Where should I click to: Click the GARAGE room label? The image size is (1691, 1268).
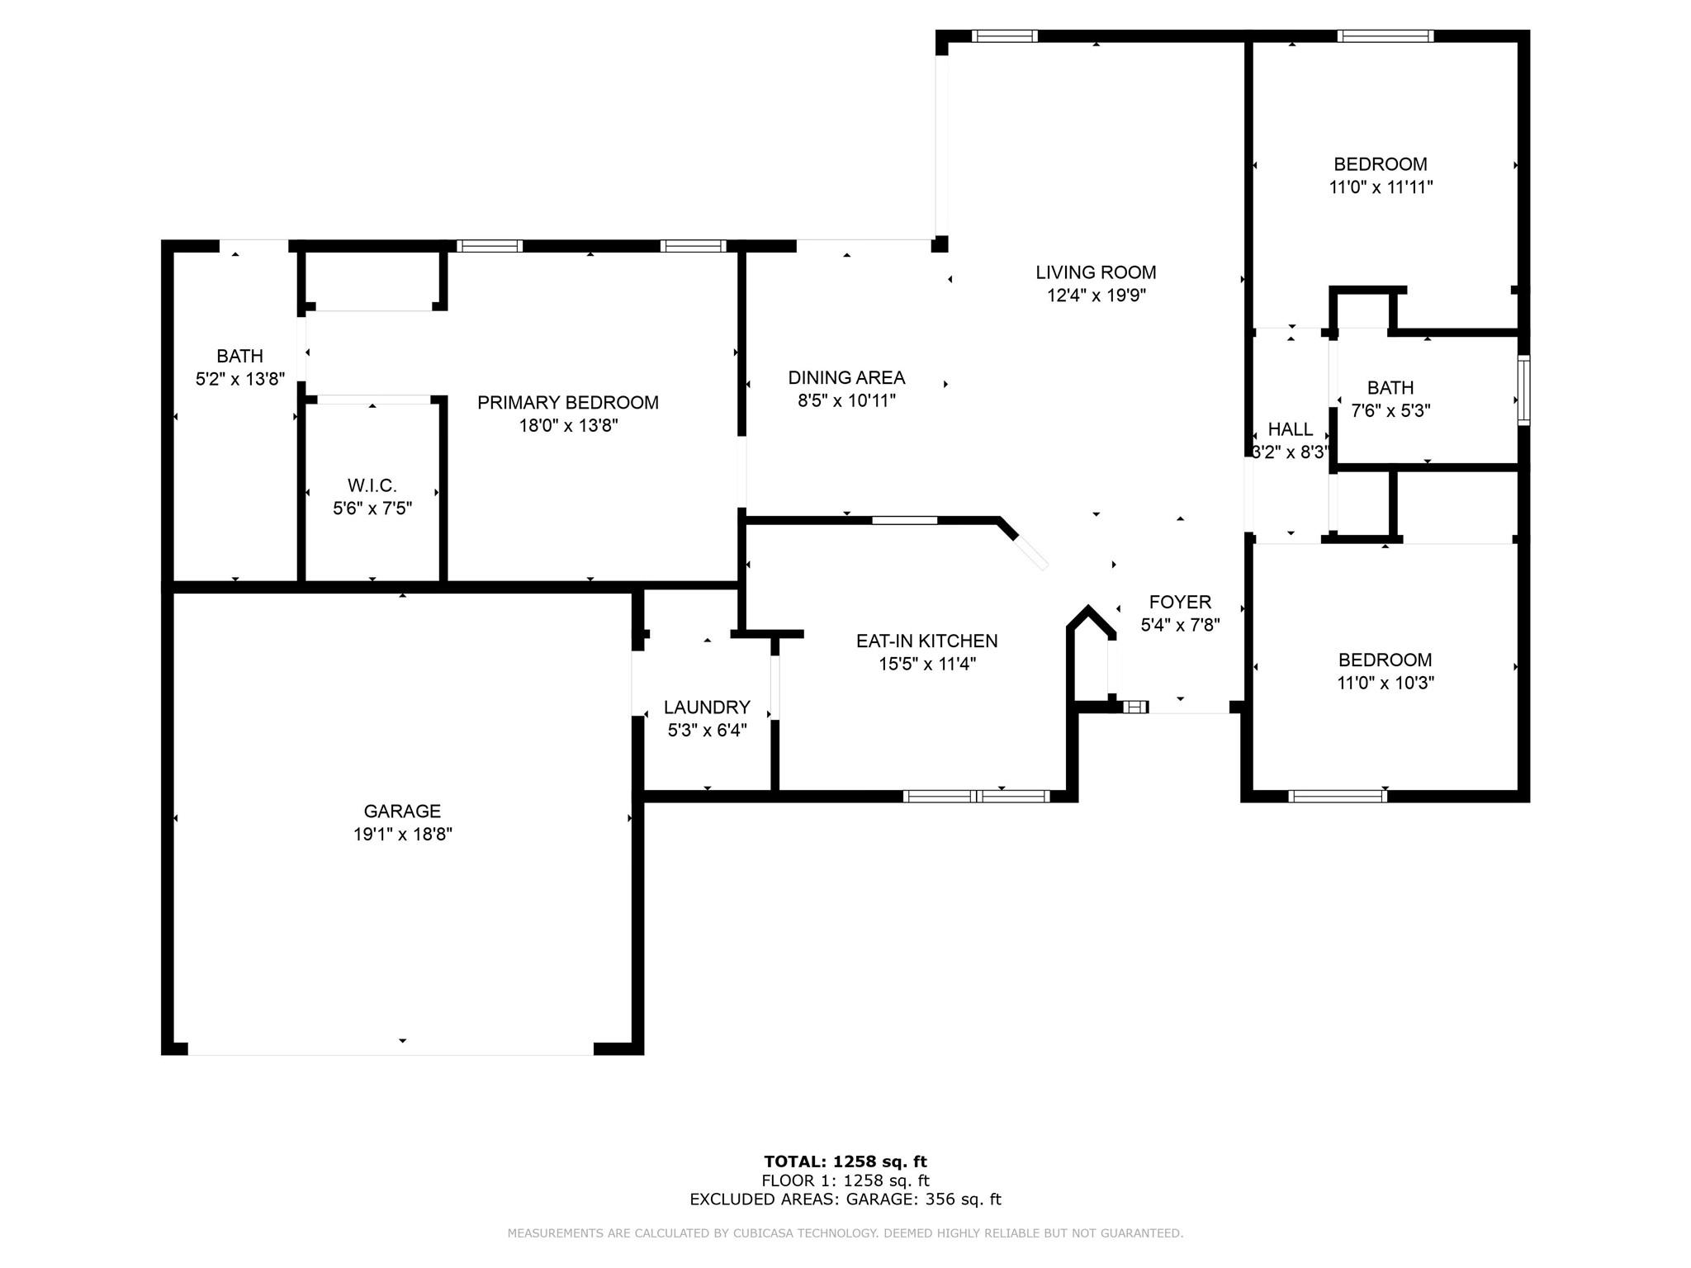coord(402,811)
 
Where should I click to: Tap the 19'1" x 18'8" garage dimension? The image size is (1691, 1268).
coord(403,835)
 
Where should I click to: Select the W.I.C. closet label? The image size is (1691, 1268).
coord(372,485)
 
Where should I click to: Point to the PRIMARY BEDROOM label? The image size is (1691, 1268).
coord(568,403)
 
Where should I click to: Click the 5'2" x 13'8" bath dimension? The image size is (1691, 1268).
coord(240,379)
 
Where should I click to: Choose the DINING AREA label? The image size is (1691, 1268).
coord(846,378)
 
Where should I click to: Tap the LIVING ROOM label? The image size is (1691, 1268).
coord(1097,272)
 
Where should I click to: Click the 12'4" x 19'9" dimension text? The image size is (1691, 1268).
coord(1097,296)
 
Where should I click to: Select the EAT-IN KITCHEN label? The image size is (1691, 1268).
coord(927,641)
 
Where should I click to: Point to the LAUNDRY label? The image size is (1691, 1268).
coord(707,707)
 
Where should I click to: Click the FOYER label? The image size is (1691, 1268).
coord(1181,603)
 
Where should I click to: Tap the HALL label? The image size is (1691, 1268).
coord(1291,429)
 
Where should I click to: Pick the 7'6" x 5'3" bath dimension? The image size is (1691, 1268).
coord(1390,411)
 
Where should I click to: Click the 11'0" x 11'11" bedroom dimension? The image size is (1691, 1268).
coord(1381,187)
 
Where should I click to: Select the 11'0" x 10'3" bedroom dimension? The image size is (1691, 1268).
coord(1385,684)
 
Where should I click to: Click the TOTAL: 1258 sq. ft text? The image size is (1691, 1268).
coord(845,1162)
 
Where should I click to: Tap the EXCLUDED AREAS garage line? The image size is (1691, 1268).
coord(845,1199)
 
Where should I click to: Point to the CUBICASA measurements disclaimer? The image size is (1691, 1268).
coord(845,1233)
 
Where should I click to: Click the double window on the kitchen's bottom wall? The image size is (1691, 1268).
coord(976,797)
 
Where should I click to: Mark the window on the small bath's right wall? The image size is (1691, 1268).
coord(1524,390)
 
